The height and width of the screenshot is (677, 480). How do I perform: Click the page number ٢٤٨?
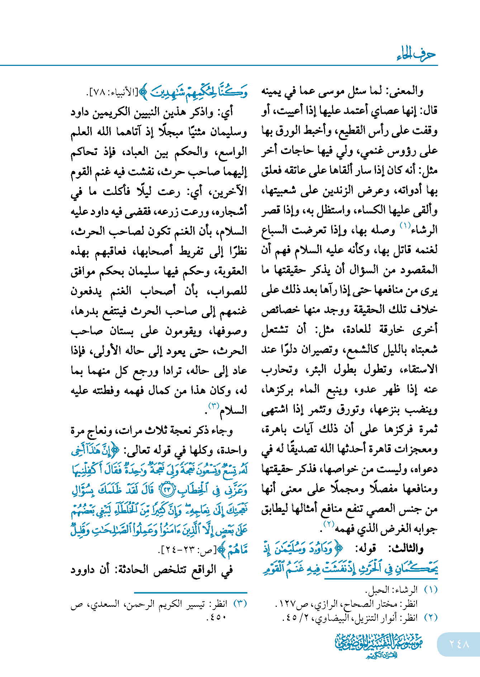[x=459, y=644]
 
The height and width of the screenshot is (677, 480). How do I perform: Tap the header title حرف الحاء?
[x=416, y=54]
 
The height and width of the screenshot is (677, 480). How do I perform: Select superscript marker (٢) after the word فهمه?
[x=329, y=524]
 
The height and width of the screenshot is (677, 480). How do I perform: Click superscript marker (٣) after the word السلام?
[x=214, y=405]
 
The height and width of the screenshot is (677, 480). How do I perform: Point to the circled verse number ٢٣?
[x=167, y=490]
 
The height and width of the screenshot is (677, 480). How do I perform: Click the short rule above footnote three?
[x=190, y=593]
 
